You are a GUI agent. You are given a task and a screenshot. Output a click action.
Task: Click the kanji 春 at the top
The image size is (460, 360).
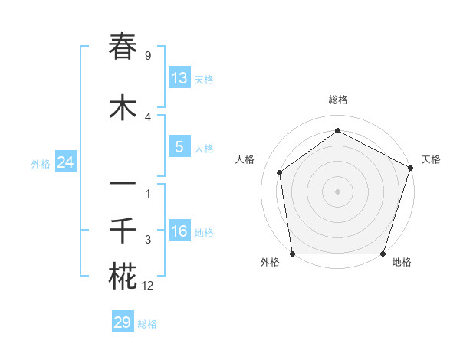(123, 47)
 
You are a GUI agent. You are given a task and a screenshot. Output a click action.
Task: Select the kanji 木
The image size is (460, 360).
(123, 108)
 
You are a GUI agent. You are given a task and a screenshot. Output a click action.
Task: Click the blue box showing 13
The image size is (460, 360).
(179, 78)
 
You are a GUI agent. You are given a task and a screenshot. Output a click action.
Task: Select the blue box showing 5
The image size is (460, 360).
(179, 147)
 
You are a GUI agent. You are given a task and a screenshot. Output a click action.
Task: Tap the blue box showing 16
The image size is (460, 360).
(179, 231)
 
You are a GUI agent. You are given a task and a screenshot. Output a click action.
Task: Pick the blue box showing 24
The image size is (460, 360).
(66, 162)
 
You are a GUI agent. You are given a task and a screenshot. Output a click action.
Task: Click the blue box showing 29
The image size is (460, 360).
(123, 322)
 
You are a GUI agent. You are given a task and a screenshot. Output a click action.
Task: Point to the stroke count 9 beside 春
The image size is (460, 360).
(147, 56)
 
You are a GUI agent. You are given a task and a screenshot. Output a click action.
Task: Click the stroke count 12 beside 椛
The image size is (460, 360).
(147, 286)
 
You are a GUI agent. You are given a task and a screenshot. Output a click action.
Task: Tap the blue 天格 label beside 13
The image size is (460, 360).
(203, 80)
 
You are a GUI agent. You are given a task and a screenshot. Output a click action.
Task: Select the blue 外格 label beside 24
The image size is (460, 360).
(41, 163)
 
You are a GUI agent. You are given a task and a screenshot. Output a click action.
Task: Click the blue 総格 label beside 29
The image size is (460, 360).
(147, 324)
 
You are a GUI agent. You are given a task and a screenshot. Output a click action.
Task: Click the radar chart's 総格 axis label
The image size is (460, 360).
(337, 100)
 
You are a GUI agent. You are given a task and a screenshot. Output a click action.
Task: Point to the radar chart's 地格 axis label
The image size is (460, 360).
(402, 262)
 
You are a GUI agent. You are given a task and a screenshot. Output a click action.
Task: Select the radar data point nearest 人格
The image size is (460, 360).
(280, 172)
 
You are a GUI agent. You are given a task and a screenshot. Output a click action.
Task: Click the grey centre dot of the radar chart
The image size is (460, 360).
(337, 191)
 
